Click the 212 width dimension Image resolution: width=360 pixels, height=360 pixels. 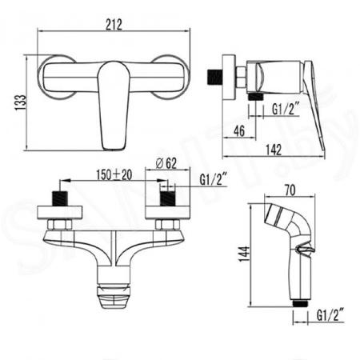tap(114, 25)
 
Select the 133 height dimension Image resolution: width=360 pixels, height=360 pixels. tap(21, 102)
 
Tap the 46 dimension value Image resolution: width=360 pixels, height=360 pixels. tap(239, 131)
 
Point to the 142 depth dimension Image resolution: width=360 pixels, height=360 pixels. tap(274, 150)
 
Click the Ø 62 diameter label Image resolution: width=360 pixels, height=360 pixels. tap(166, 163)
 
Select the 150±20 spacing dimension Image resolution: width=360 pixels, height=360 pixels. tap(114, 175)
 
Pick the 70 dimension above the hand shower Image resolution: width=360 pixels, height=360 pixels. tap(290, 190)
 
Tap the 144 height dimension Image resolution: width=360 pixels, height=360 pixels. tap(244, 254)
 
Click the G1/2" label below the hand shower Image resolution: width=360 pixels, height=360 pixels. tap(330, 315)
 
